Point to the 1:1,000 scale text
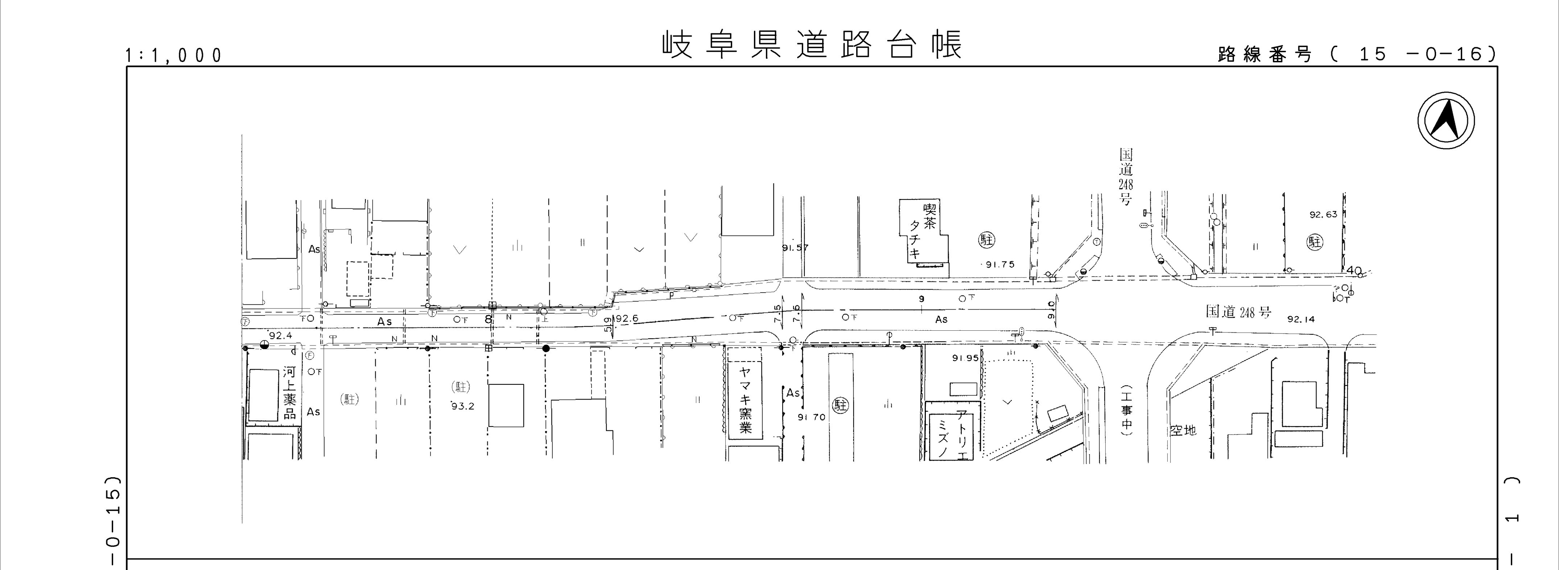174,56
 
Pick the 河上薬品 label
290,392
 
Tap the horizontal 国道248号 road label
1239,312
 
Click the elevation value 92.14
1301,319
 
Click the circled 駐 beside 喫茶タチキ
986,240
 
